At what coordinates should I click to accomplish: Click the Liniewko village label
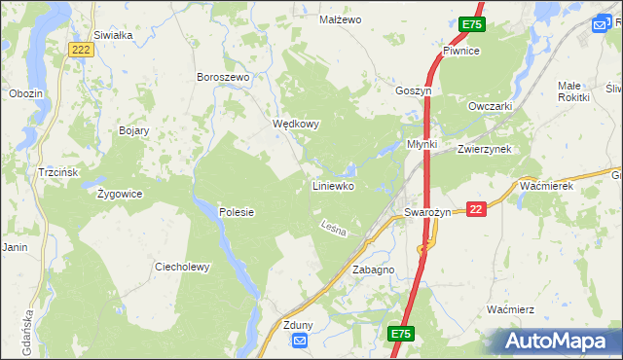click(x=332, y=185)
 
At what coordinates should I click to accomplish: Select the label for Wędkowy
click(x=295, y=125)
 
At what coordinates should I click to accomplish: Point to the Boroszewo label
click(x=224, y=77)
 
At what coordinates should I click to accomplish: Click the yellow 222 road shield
click(x=82, y=49)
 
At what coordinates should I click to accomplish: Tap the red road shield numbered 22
click(x=476, y=207)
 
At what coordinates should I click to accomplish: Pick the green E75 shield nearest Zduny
click(x=400, y=334)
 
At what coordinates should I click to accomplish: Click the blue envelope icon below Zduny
click(x=299, y=341)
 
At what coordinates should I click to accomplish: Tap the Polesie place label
click(x=236, y=212)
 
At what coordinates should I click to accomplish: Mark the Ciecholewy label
click(x=182, y=267)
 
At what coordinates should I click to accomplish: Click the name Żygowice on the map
click(x=121, y=194)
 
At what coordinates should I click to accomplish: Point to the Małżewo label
click(x=341, y=19)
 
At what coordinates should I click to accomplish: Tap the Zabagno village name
click(x=373, y=270)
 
